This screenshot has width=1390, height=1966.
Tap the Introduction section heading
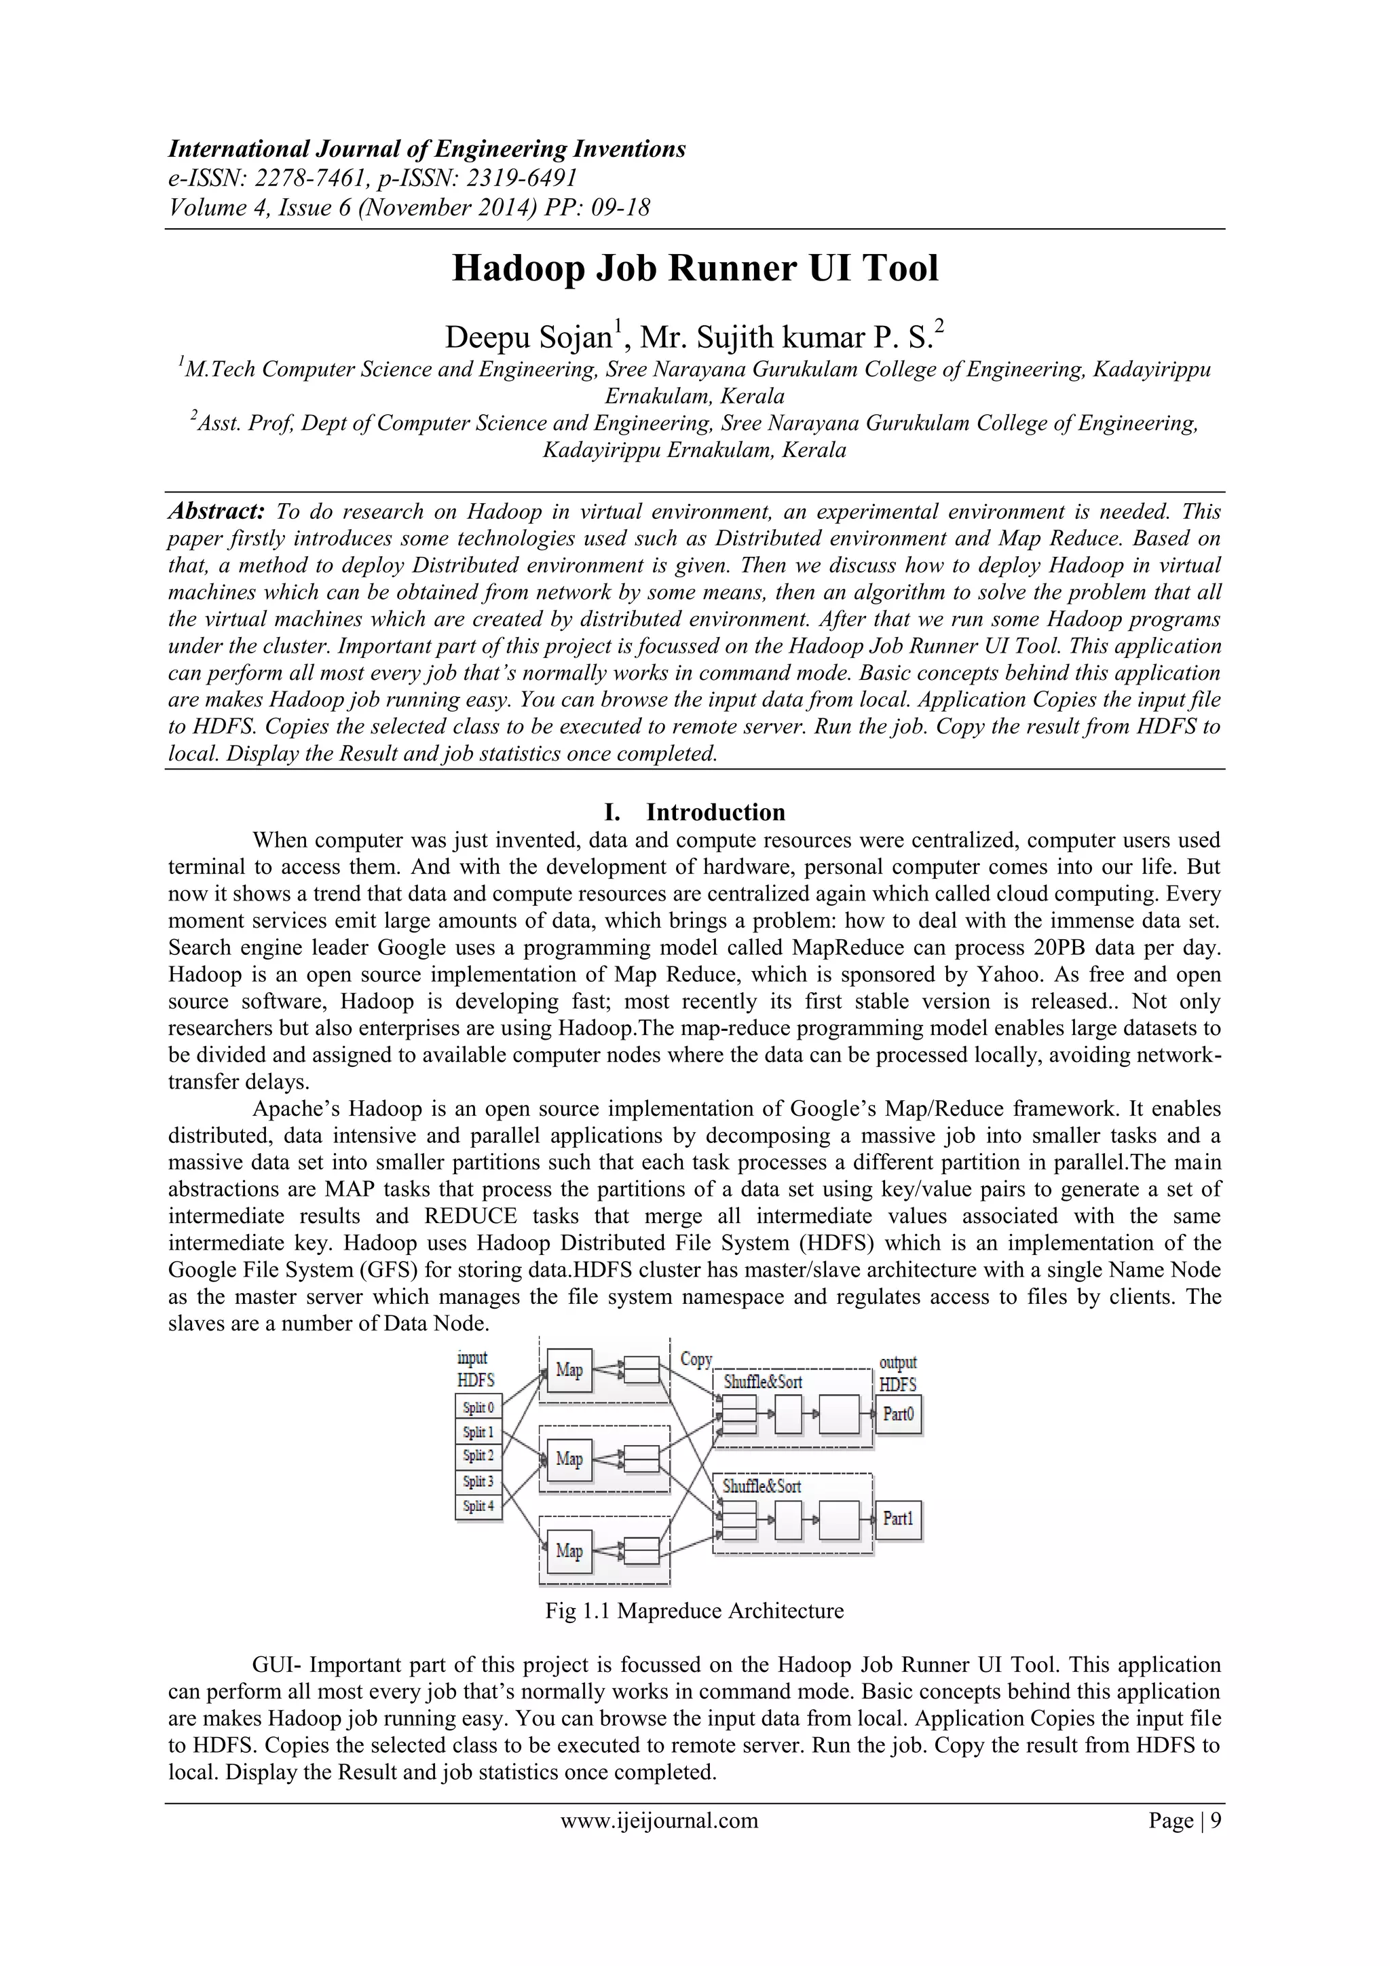click(715, 812)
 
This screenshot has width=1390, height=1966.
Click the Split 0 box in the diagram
click(478, 1408)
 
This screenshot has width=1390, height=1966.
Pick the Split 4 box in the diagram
click(478, 1506)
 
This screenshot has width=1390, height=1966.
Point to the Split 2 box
click(478, 1456)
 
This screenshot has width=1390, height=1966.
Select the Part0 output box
click(898, 1415)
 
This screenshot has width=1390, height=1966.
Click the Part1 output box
click(898, 1518)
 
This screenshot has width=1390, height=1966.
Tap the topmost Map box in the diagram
click(569, 1370)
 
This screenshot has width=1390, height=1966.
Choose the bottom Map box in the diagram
click(569, 1550)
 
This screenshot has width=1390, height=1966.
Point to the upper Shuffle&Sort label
click(763, 1382)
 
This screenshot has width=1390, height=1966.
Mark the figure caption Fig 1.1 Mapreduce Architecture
click(694, 1611)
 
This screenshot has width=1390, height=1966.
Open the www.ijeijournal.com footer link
click(659, 1821)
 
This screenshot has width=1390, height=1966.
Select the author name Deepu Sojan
click(527, 338)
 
